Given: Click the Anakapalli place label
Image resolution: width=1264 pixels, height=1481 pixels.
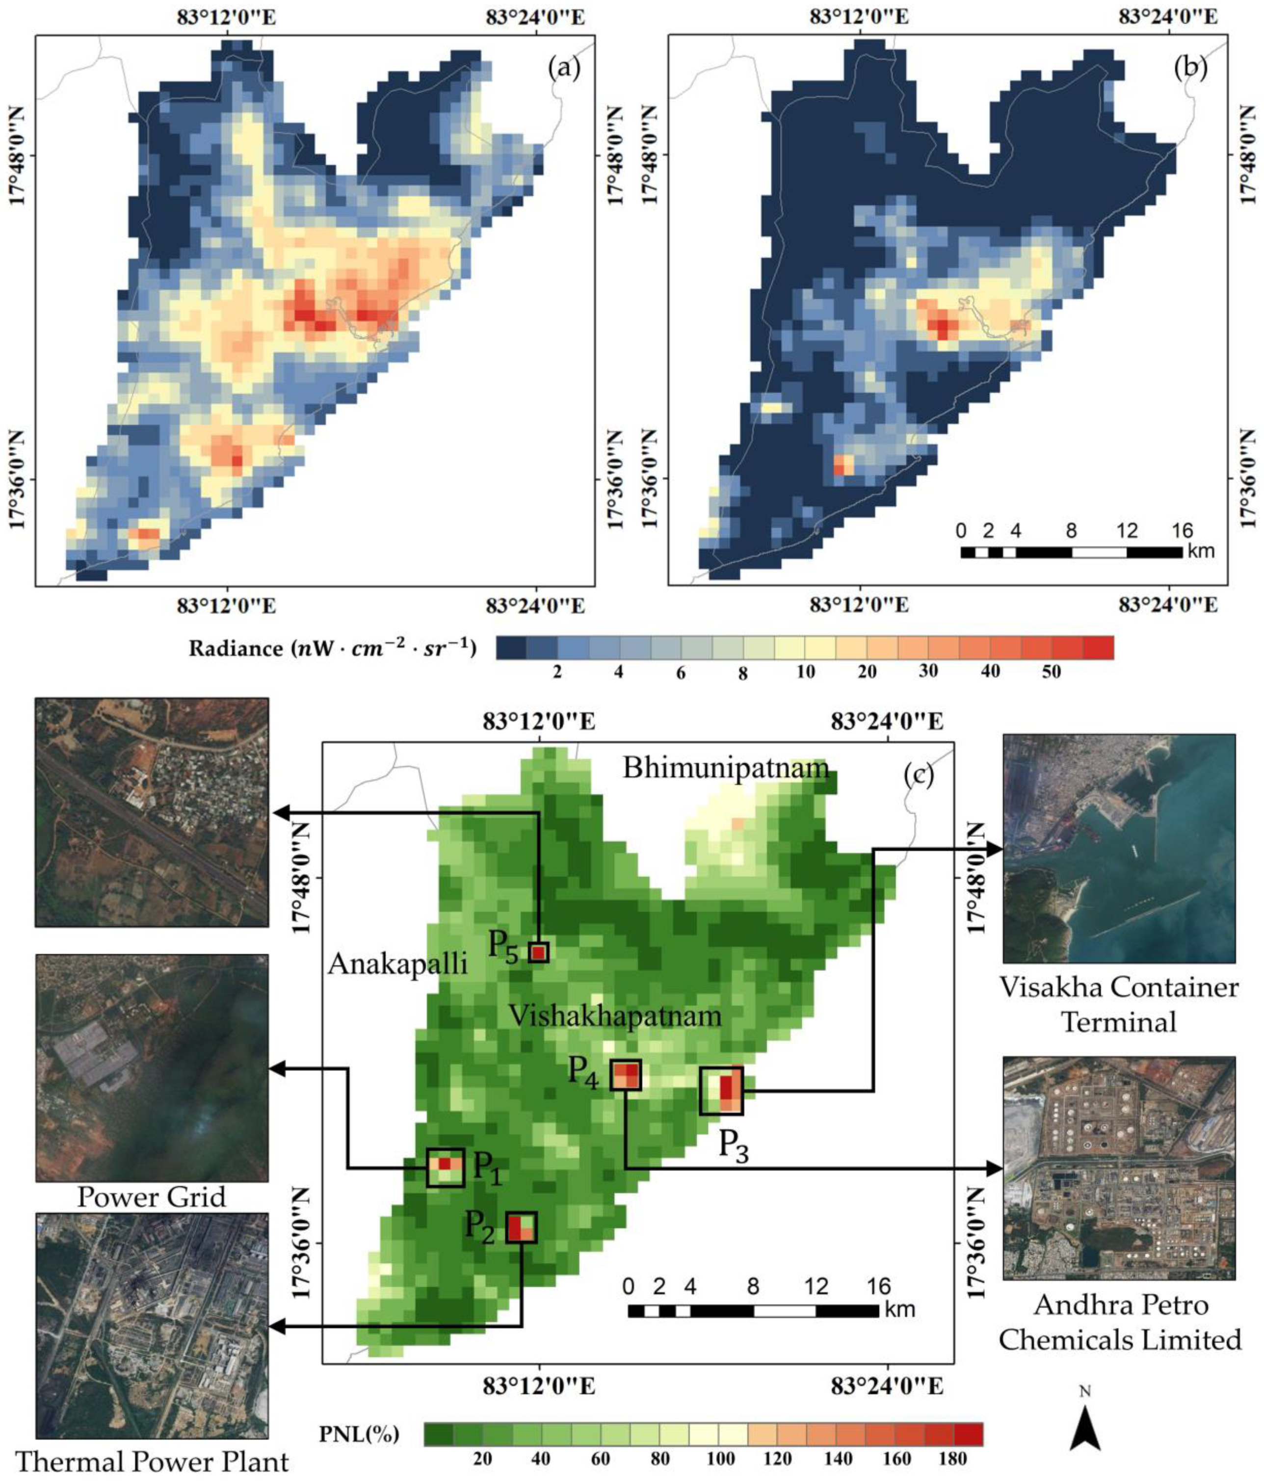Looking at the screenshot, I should (397, 965).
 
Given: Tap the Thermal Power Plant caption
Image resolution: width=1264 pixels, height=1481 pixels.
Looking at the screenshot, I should (152, 1462).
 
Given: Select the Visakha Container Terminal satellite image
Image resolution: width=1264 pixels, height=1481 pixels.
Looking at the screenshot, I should (1119, 849).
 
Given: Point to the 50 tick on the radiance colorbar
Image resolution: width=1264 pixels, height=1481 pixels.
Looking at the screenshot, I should (1051, 673).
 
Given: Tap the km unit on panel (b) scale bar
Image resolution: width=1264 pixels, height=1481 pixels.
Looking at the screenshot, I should (1202, 551).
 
